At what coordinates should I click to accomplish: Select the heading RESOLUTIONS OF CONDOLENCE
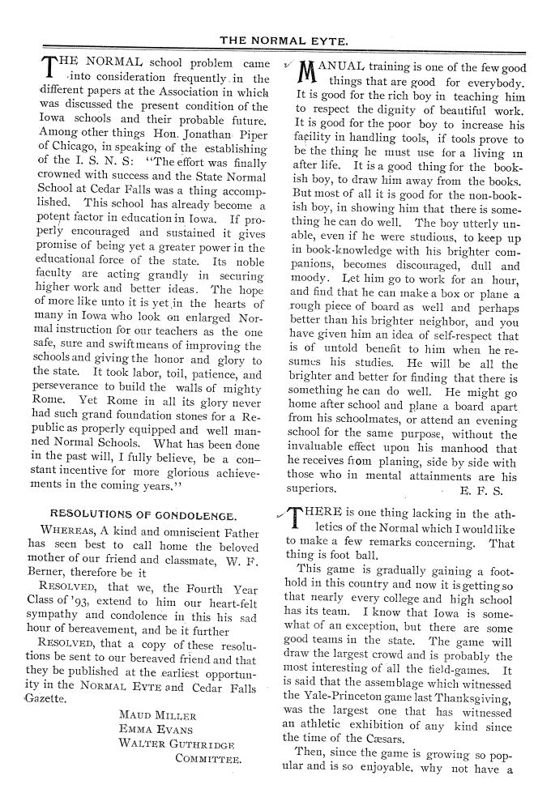(x=143, y=514)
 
